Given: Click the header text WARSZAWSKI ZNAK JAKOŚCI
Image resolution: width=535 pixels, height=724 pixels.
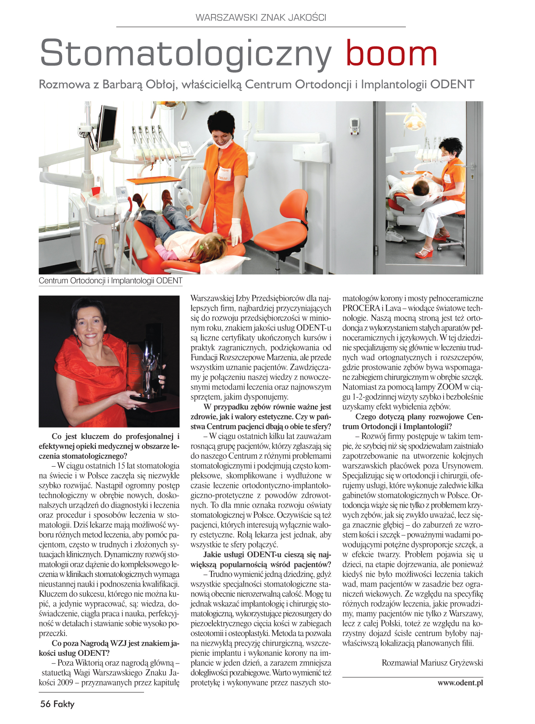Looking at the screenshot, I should (x=261, y=18).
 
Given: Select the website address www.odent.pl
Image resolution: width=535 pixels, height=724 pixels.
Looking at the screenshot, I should (x=460, y=682).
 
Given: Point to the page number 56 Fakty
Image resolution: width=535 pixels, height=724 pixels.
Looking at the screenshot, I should (x=57, y=704).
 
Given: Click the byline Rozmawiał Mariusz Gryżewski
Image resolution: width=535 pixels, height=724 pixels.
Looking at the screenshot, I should (x=432, y=662).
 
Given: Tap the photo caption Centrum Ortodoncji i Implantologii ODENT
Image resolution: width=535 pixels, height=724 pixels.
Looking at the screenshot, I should (x=110, y=281).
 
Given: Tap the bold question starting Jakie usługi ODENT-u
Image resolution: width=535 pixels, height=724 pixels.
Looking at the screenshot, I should (x=261, y=559).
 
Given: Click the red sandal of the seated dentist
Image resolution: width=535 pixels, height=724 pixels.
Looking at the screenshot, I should (x=424, y=253).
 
